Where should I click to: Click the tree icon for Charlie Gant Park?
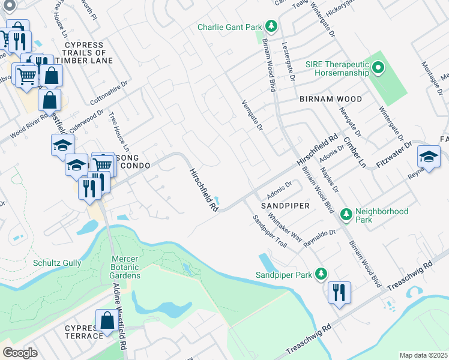(x=272, y=26)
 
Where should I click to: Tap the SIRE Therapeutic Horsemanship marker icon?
(x=378, y=68)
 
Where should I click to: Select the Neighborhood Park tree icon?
(x=346, y=214)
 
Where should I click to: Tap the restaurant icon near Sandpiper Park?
(x=339, y=292)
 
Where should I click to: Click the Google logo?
(x=20, y=353)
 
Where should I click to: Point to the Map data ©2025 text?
(x=423, y=355)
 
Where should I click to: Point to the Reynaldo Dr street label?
(x=319, y=238)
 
